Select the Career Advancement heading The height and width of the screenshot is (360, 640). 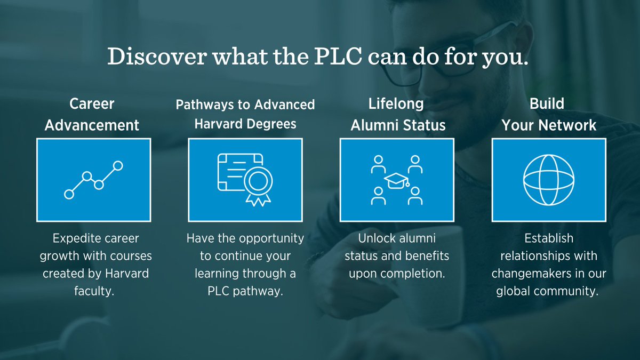(92, 114)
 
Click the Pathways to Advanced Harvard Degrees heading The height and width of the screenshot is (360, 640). (245, 114)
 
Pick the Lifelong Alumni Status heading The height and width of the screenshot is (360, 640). (397, 114)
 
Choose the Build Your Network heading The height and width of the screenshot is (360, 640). (548, 114)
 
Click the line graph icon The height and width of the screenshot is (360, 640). (93, 180)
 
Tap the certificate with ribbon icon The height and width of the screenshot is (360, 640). (244, 180)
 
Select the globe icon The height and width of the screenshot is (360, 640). (548, 180)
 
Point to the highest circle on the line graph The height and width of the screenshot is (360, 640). (118, 166)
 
